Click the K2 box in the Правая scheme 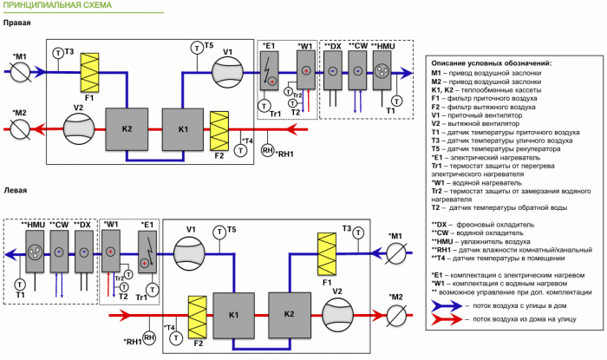(127, 129)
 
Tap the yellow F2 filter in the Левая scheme (197, 316)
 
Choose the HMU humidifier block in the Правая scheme (383, 70)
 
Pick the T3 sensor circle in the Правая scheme (58, 53)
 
